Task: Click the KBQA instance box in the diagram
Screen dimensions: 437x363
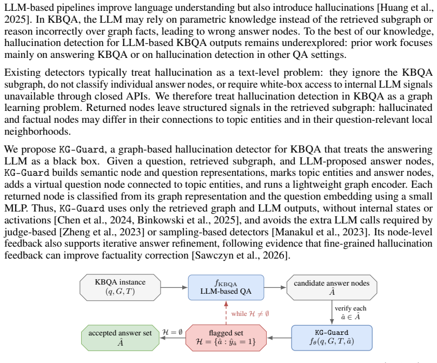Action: (x=120, y=287)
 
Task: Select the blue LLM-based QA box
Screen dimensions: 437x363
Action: (x=226, y=287)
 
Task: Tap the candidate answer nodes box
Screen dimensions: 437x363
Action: (x=332, y=287)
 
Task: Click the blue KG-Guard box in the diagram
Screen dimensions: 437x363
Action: (x=332, y=338)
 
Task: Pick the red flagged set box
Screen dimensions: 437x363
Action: (x=226, y=338)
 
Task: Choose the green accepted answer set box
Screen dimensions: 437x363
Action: (x=120, y=338)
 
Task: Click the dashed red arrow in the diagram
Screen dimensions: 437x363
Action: (x=226, y=313)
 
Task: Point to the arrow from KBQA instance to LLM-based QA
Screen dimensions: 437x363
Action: (x=175, y=287)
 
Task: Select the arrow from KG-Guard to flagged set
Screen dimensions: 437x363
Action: (x=279, y=338)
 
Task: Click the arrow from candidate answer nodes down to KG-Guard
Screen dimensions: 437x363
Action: (x=332, y=313)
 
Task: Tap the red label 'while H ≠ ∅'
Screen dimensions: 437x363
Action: (x=250, y=314)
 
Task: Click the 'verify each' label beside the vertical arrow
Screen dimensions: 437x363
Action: (x=350, y=308)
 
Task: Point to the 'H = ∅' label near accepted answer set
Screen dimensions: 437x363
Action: (x=173, y=332)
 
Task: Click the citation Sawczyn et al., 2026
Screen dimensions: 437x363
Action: (x=240, y=255)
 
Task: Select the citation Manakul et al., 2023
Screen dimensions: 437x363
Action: (x=320, y=232)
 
